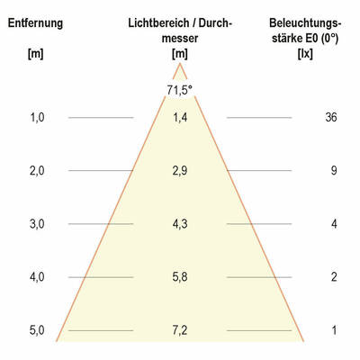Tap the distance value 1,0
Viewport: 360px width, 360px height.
click(x=36, y=117)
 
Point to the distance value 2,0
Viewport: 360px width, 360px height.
click(x=36, y=170)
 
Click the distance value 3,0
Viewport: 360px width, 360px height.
click(x=36, y=223)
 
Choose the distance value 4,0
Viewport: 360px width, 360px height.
click(x=36, y=277)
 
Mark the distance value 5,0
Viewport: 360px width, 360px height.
click(x=36, y=330)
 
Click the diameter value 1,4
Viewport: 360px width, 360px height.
click(x=179, y=117)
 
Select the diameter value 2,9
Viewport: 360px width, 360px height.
click(x=179, y=170)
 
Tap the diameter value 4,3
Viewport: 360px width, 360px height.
click(x=179, y=223)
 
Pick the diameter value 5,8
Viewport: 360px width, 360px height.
click(x=179, y=277)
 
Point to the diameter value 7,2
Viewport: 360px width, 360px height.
click(x=179, y=330)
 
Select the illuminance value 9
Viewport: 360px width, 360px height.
click(x=332, y=170)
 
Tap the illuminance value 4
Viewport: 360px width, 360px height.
click(x=332, y=223)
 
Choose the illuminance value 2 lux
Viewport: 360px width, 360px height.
click(x=332, y=277)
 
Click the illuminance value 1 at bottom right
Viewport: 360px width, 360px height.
click(x=332, y=330)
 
